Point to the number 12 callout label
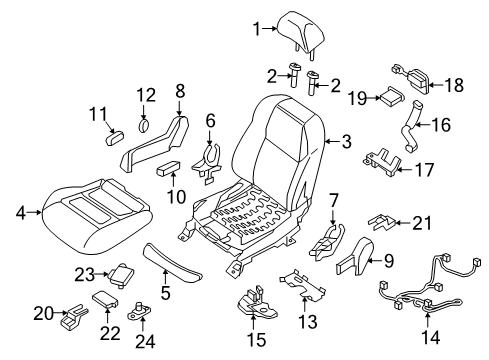147,95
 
